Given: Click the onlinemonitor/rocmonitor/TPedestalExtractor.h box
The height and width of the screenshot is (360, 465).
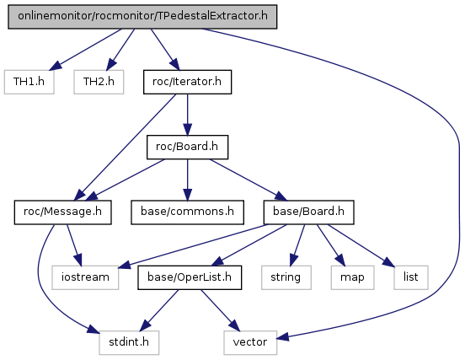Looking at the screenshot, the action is tap(142, 17).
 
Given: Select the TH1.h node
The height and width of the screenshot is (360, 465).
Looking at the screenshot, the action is tap(29, 82).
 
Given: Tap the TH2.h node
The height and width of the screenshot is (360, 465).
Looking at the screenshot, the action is tap(99, 82).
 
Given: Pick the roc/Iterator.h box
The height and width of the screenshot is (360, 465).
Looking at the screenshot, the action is tap(187, 82).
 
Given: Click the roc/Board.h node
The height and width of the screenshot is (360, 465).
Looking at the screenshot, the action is tap(187, 148).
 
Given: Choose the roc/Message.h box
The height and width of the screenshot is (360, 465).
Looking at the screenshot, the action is tap(63, 212).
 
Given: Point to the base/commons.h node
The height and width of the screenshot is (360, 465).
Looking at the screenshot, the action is tap(187, 212).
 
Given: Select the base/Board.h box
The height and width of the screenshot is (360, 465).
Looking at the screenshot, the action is tap(308, 212).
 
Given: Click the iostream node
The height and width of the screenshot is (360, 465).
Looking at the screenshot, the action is tap(85, 277).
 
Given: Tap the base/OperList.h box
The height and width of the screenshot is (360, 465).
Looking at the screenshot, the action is tap(190, 277).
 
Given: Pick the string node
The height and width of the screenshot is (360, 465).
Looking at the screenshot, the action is tap(286, 277).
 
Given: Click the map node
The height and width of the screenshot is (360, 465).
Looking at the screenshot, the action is tap(353, 277).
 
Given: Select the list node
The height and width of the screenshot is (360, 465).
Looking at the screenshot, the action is tap(411, 277).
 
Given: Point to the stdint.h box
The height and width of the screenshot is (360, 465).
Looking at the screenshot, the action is tap(129, 342).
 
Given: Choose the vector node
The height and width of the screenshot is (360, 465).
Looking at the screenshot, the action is tap(250, 342).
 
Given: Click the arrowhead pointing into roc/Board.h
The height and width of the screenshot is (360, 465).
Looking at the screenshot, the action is tap(187, 130).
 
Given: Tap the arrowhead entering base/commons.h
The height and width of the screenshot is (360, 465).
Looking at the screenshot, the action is tap(187, 196).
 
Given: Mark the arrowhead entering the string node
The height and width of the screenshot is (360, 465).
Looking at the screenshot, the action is tap(293, 260).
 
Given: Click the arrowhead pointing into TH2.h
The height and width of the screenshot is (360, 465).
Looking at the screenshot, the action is tap(111, 65).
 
